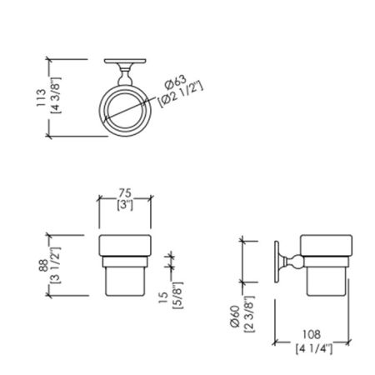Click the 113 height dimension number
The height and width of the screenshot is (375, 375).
[x=42, y=97]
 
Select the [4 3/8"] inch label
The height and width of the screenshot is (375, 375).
[x=54, y=97]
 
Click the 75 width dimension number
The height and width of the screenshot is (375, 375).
[x=124, y=190]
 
